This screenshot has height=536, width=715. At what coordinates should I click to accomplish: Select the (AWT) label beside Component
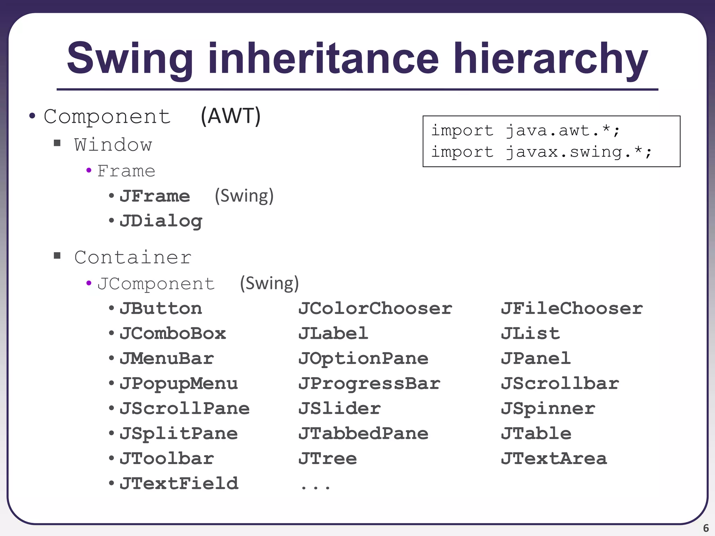pos(230,116)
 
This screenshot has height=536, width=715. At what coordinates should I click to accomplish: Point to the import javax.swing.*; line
pos(541,152)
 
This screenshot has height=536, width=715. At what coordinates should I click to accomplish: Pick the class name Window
pos(113,144)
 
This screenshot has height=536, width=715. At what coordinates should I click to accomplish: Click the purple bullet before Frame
pos(89,171)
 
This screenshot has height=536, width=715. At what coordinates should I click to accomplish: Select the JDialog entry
pos(161,221)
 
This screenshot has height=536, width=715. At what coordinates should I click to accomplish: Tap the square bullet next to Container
pos(57,256)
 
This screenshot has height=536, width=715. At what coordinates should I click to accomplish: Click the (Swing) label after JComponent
pos(269,283)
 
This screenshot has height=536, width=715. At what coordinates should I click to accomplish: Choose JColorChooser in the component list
pos(375,308)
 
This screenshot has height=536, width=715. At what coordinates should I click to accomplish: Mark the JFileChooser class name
pos(572,308)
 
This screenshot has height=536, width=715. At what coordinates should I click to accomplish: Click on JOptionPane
pos(363,359)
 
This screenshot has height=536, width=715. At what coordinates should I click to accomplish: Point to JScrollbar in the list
pos(560,384)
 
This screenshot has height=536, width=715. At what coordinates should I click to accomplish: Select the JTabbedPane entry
pos(363,434)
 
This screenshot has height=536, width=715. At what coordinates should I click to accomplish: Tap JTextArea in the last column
pos(554,459)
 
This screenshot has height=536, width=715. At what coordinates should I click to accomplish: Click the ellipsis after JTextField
pos(315,486)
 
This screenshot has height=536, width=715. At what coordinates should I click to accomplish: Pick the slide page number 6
pos(706,528)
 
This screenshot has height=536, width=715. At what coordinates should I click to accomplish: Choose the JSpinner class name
pos(548,409)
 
